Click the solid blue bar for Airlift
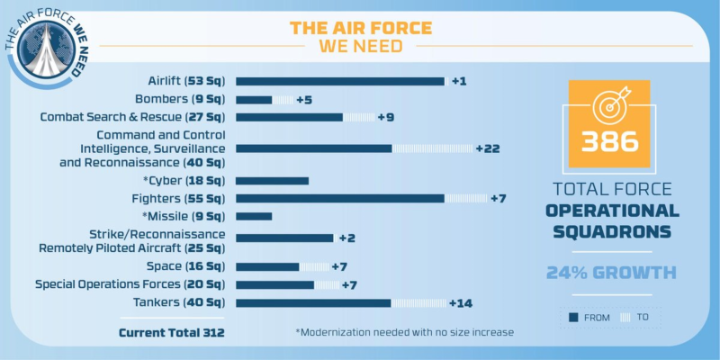[x=340, y=81]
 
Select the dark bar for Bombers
[x=253, y=99]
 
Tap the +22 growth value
[x=488, y=148]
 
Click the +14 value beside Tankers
[x=461, y=302]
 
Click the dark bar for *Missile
[x=253, y=216]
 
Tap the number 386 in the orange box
[x=609, y=142]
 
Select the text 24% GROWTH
[x=610, y=272]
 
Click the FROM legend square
[x=572, y=317]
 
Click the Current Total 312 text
[x=171, y=333]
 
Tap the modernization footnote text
[x=404, y=332]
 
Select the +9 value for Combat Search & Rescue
[x=385, y=117]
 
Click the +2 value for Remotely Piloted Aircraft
[x=347, y=238]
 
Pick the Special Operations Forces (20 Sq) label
[x=130, y=284]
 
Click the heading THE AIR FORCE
[x=360, y=27]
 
